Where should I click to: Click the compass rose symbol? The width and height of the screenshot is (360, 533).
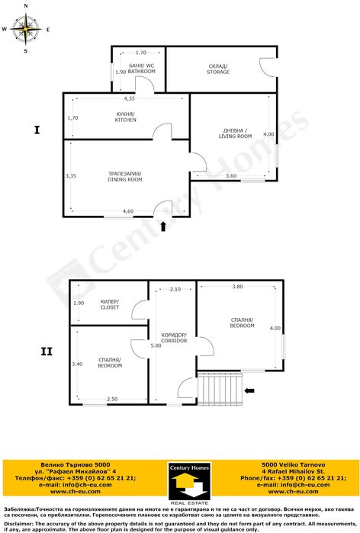point(26,30)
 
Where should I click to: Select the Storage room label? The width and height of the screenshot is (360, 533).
point(217,69)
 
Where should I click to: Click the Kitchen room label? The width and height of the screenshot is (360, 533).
point(126,117)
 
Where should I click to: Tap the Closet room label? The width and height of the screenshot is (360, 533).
point(110,305)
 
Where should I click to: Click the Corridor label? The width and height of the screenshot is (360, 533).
point(174,339)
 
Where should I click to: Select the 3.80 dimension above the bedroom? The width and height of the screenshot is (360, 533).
point(237,287)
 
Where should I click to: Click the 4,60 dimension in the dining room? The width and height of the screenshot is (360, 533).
point(128,211)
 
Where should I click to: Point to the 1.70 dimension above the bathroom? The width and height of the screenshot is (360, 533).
point(140,53)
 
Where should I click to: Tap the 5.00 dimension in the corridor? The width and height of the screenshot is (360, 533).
point(156,345)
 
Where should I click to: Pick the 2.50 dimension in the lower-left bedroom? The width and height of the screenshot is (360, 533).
point(111,399)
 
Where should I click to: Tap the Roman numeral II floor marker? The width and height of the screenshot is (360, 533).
point(47,352)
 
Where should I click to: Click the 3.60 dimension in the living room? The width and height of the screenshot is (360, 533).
point(231,176)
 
